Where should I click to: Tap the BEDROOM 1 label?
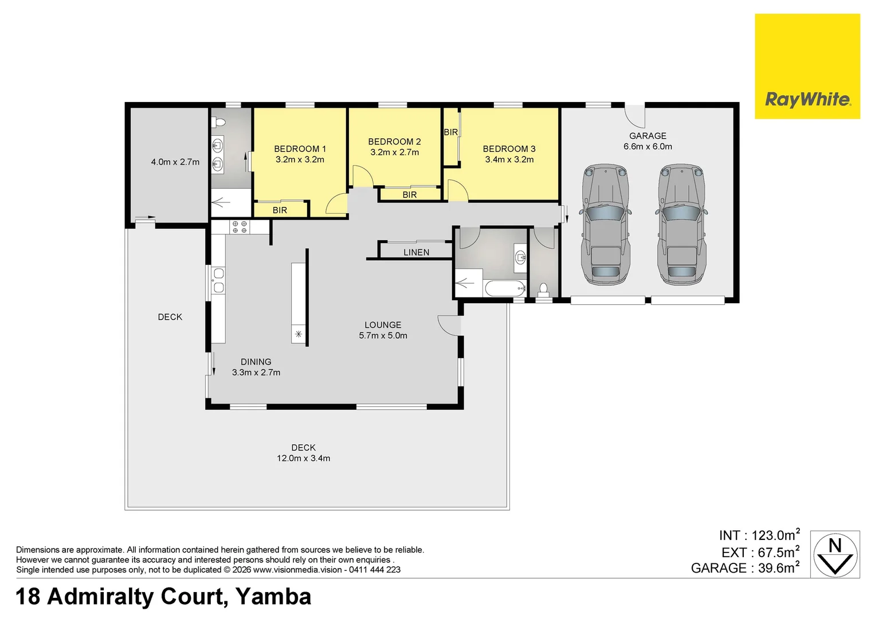click(x=300, y=149)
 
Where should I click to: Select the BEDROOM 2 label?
click(x=394, y=142)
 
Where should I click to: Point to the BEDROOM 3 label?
click(x=509, y=149)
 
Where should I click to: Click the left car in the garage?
click(x=606, y=225)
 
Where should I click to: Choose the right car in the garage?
click(x=682, y=225)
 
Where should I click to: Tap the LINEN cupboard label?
click(x=416, y=252)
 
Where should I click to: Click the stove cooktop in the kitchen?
click(x=240, y=227)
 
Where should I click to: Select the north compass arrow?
click(x=835, y=554)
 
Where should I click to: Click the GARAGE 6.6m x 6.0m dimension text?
click(x=648, y=147)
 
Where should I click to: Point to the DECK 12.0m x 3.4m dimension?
click(x=303, y=459)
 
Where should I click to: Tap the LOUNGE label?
click(x=383, y=325)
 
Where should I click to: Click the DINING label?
click(x=256, y=362)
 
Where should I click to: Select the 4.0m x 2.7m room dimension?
click(x=175, y=162)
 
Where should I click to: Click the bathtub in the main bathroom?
click(x=504, y=288)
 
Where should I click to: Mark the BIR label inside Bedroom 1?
click(x=280, y=210)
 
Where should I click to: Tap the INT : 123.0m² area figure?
click(x=759, y=535)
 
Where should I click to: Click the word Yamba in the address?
click(x=273, y=597)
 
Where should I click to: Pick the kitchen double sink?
click(x=218, y=280)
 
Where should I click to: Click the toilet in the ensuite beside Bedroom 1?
click(x=218, y=122)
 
